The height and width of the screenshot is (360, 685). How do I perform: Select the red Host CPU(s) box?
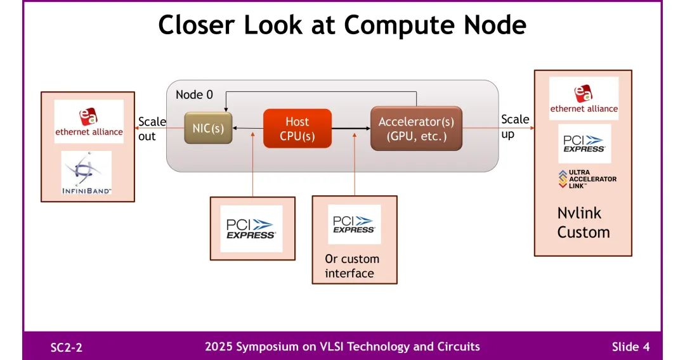tap(297, 129)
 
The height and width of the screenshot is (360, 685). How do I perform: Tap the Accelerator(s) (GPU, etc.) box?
tap(416, 129)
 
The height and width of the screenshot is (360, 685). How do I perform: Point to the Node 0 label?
tap(194, 94)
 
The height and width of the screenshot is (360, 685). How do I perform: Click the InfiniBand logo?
tap(87, 173)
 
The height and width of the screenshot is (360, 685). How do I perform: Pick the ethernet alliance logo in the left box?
tap(89, 122)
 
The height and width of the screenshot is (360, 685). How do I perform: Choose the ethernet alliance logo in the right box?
tap(584, 99)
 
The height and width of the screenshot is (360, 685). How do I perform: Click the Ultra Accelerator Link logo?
tap(587, 179)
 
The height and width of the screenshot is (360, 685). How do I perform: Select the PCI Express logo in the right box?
tap(584, 145)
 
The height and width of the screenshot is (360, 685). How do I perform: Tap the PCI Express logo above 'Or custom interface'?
tap(354, 224)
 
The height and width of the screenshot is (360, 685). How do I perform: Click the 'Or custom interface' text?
tap(352, 266)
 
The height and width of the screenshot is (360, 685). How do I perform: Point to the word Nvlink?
tap(579, 213)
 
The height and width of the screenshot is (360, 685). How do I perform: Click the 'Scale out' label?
tap(151, 129)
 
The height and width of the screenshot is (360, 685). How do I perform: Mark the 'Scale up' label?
tap(514, 126)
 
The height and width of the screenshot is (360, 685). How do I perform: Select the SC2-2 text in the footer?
tap(67, 347)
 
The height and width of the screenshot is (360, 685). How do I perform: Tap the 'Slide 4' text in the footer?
tap(630, 347)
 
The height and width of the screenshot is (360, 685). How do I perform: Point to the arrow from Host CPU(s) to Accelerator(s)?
tap(351, 129)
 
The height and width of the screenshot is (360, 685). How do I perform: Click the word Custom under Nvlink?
tap(583, 232)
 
